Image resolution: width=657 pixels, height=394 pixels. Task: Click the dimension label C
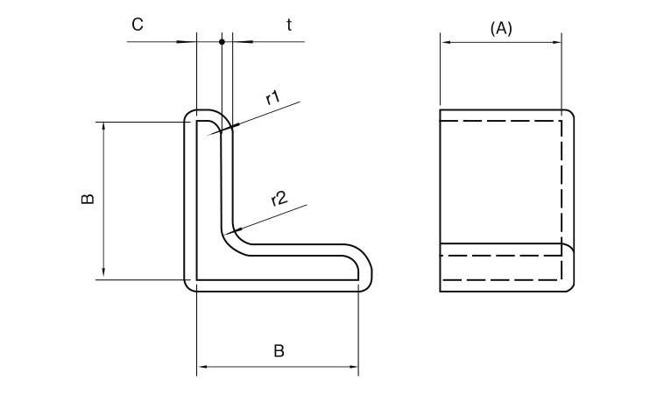click(138, 25)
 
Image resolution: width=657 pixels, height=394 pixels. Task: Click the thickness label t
click(289, 25)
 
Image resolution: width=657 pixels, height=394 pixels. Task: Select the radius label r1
click(273, 97)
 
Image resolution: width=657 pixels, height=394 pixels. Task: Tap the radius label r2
click(279, 199)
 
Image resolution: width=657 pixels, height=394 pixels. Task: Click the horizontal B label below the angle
click(279, 352)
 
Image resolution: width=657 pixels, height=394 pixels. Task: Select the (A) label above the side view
click(500, 28)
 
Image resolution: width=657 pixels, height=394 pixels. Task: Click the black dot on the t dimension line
click(223, 41)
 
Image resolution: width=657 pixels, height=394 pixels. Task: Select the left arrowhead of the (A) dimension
click(444, 41)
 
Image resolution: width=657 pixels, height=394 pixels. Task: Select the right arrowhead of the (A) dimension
click(556, 41)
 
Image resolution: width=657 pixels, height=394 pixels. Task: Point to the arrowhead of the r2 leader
click(229, 232)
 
